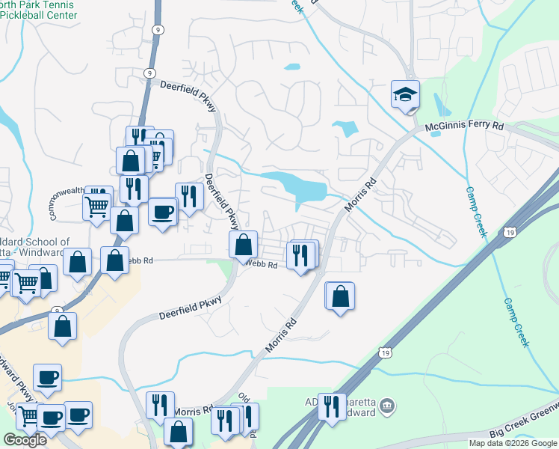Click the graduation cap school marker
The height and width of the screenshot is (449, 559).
coord(405,95)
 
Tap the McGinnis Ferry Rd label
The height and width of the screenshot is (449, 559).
coord(464,128)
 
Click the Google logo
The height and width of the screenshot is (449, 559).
coord(25,439)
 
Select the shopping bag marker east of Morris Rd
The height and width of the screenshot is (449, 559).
coord(340,296)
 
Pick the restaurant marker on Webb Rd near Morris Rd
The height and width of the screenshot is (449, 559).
coord(302,255)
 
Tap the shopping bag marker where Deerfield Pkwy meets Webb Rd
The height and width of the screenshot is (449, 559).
coord(244,244)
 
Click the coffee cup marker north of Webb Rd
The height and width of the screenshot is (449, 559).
coord(163,212)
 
